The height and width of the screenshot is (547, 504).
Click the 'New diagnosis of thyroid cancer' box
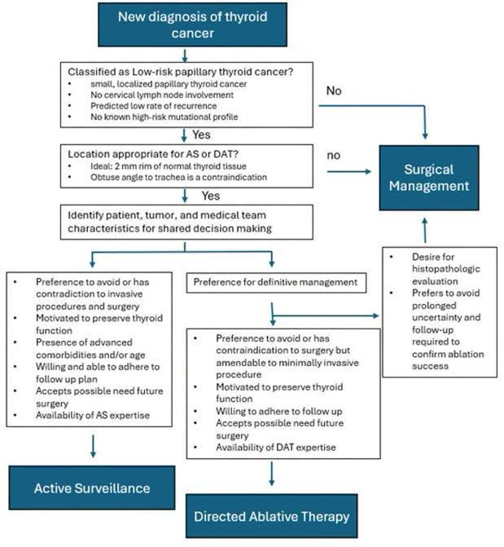192,24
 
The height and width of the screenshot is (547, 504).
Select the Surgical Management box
429,178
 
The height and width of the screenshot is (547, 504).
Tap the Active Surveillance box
92,487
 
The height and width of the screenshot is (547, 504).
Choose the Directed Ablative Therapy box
271,516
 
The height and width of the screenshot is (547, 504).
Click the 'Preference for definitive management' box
276,283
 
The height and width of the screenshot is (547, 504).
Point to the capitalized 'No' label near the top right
334,90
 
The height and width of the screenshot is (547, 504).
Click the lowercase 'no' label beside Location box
334,156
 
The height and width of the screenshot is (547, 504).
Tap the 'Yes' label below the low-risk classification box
201,135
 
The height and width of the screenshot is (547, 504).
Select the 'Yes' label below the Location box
211,196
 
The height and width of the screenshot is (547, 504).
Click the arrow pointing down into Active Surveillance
93,446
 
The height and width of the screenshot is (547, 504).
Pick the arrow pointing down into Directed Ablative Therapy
272,474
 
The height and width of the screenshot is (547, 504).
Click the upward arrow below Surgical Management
425,230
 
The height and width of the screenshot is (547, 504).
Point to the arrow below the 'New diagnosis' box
185,55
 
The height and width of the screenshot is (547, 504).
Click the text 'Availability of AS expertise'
93,415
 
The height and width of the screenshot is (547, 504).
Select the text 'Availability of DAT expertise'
276,448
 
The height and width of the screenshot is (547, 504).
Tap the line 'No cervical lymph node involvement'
162,95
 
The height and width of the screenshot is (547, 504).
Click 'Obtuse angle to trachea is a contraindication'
178,177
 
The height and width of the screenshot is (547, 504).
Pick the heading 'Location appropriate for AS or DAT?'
153,154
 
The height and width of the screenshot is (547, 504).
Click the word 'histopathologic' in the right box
446,269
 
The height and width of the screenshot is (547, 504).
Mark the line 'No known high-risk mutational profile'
164,117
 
